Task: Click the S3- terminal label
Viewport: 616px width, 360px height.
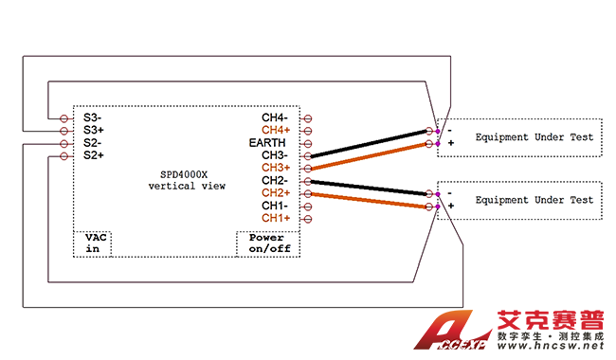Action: (x=92, y=117)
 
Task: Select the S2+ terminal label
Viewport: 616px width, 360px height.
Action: (x=94, y=155)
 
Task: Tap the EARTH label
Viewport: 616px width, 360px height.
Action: (x=267, y=142)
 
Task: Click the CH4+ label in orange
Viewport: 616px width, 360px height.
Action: (x=276, y=130)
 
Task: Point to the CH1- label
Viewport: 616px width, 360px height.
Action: (x=275, y=206)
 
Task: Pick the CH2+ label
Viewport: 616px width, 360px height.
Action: (x=276, y=192)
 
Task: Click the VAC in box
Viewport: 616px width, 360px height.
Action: (x=92, y=243)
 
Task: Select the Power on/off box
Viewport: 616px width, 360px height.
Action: (x=268, y=243)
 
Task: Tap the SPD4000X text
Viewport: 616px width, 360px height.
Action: (x=184, y=174)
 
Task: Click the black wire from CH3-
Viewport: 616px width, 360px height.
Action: (x=370, y=143)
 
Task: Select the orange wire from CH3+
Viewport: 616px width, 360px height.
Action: (x=370, y=156)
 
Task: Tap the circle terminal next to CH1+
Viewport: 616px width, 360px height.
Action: (x=308, y=219)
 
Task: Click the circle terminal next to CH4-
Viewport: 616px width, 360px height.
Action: (x=308, y=118)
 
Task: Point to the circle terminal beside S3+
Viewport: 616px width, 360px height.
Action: (x=64, y=131)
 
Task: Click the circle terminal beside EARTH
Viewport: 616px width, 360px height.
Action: (x=308, y=144)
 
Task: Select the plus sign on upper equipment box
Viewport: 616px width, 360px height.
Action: (x=451, y=143)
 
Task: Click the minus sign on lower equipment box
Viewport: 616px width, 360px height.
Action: (x=450, y=193)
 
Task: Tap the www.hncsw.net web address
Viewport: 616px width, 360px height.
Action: (x=550, y=346)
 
